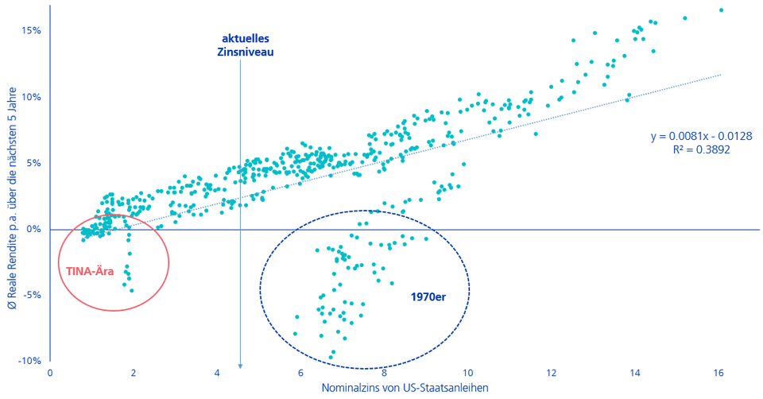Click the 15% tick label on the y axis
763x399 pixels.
coord(31,31)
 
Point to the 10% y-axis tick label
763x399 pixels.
coord(31,97)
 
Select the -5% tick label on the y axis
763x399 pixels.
coord(31,295)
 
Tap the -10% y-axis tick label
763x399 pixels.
coord(29,361)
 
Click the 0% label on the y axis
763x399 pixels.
coord(33,229)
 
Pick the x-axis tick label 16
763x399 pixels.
coord(718,372)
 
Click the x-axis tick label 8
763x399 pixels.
coord(385,372)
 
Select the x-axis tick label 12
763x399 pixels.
coord(552,372)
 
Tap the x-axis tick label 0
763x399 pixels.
coord(50,372)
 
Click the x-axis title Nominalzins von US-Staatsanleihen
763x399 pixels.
coord(405,388)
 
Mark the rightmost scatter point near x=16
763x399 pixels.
coord(721,10)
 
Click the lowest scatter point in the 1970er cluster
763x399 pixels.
coord(332,355)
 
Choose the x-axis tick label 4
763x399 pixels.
coord(217,372)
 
